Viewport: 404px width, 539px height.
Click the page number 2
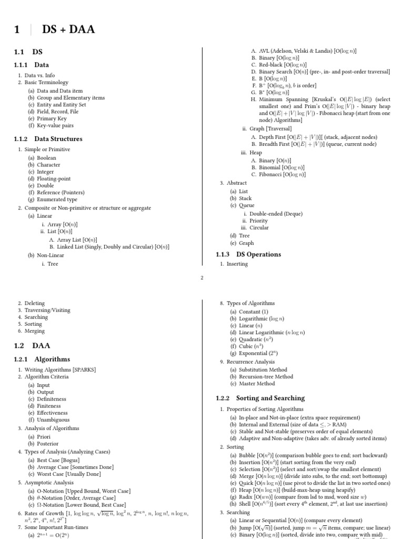(202, 278)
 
